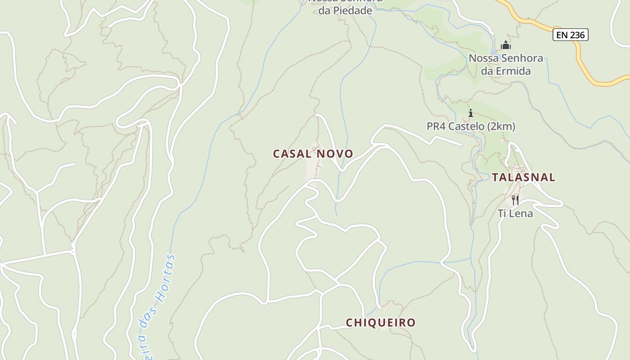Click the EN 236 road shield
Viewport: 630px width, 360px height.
570,35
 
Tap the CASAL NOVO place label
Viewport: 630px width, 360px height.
313,154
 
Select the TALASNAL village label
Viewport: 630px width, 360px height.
523,177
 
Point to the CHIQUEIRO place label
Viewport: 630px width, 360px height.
380,323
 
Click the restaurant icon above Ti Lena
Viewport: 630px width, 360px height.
515,200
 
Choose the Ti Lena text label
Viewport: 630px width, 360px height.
515,213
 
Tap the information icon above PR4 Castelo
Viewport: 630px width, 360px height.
471,113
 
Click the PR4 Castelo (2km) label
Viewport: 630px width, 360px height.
471,126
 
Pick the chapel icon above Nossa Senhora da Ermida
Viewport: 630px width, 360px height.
506,45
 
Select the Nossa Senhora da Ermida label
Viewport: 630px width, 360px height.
506,64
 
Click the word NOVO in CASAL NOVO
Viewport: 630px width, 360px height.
335,154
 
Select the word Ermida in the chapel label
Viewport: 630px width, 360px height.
512,71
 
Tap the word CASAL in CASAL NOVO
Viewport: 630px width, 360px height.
292,154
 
